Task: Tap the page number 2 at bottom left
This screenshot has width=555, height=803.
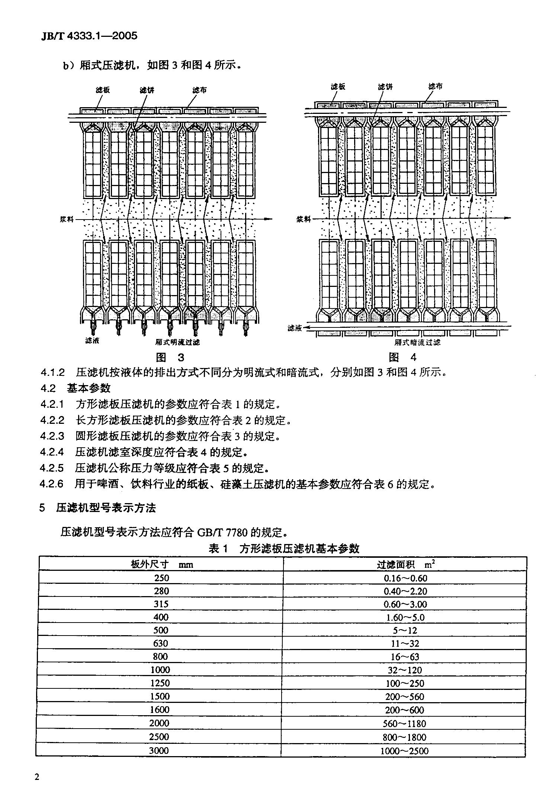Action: pos(36,777)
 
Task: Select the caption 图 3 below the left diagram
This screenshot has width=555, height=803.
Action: pos(170,358)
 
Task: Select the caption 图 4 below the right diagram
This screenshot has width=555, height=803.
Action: pos(402,358)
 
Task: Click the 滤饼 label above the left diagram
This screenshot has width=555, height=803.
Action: pos(147,90)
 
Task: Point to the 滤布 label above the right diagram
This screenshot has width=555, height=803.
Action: pos(435,87)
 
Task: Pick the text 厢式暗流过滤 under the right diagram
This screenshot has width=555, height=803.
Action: pos(417,342)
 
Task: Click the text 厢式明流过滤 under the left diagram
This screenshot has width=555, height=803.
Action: pos(177,342)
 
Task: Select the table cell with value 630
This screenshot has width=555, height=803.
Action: pos(161,643)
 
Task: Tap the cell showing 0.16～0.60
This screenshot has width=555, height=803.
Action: pos(405,578)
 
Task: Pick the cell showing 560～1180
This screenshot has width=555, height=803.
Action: pos(404,723)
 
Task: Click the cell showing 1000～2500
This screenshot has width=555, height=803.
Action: pos(404,751)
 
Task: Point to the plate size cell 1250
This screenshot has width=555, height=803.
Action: pos(160,683)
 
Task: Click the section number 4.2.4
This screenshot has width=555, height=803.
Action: pos(52,452)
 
